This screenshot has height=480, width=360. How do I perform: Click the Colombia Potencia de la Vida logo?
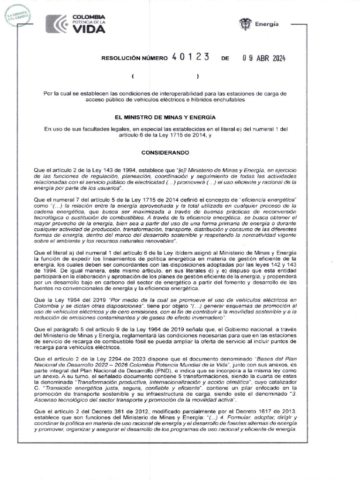[75, 24]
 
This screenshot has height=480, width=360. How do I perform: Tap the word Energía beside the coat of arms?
[266, 23]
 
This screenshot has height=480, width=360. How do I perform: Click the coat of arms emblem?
[244, 23]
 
